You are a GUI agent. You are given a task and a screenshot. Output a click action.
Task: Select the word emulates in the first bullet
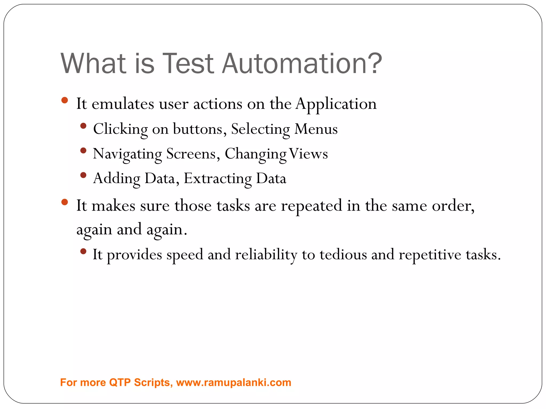point(123,104)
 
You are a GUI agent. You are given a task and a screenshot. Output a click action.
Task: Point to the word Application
point(336,104)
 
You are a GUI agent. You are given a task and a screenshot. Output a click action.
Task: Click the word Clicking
point(120,129)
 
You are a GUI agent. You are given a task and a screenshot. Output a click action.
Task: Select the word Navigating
point(127,154)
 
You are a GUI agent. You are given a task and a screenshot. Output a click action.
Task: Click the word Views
point(308,154)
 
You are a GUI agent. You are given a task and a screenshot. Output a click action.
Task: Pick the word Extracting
point(218,179)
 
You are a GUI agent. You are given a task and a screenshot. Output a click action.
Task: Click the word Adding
point(117,179)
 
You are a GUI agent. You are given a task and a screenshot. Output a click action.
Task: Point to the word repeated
point(311,206)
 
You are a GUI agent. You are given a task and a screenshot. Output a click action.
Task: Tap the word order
point(452,206)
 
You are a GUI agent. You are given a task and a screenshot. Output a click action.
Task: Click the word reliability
point(266,255)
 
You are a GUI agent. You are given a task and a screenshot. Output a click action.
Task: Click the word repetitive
point(430,255)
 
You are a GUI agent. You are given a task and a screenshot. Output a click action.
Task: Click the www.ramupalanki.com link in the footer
point(234,382)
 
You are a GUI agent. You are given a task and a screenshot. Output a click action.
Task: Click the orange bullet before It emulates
point(65,100)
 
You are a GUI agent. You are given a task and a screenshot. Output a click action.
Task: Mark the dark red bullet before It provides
point(83,251)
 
